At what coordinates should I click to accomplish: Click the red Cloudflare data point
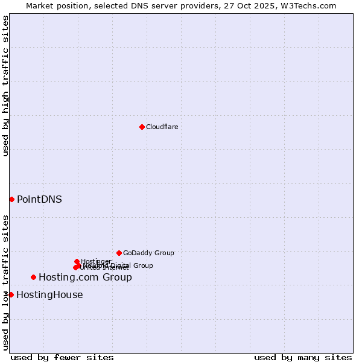(142, 127)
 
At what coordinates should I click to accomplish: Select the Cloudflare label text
(162, 127)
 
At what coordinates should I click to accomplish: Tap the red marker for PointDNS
(11, 199)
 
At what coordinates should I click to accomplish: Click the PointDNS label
(39, 199)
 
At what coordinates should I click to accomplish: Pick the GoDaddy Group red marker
(119, 253)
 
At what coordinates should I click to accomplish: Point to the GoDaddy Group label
(148, 253)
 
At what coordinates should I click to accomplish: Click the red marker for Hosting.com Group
(33, 277)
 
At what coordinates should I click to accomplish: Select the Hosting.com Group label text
(85, 278)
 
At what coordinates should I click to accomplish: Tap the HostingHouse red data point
(11, 294)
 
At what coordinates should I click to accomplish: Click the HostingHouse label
(49, 295)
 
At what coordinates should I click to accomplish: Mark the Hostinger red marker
(77, 261)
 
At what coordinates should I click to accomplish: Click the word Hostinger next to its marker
(96, 261)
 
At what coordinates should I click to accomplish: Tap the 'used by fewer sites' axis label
(62, 357)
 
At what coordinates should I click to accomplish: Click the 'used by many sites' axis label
(303, 357)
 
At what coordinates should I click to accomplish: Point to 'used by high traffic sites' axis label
(5, 86)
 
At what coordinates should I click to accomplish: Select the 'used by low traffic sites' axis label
(5, 282)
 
